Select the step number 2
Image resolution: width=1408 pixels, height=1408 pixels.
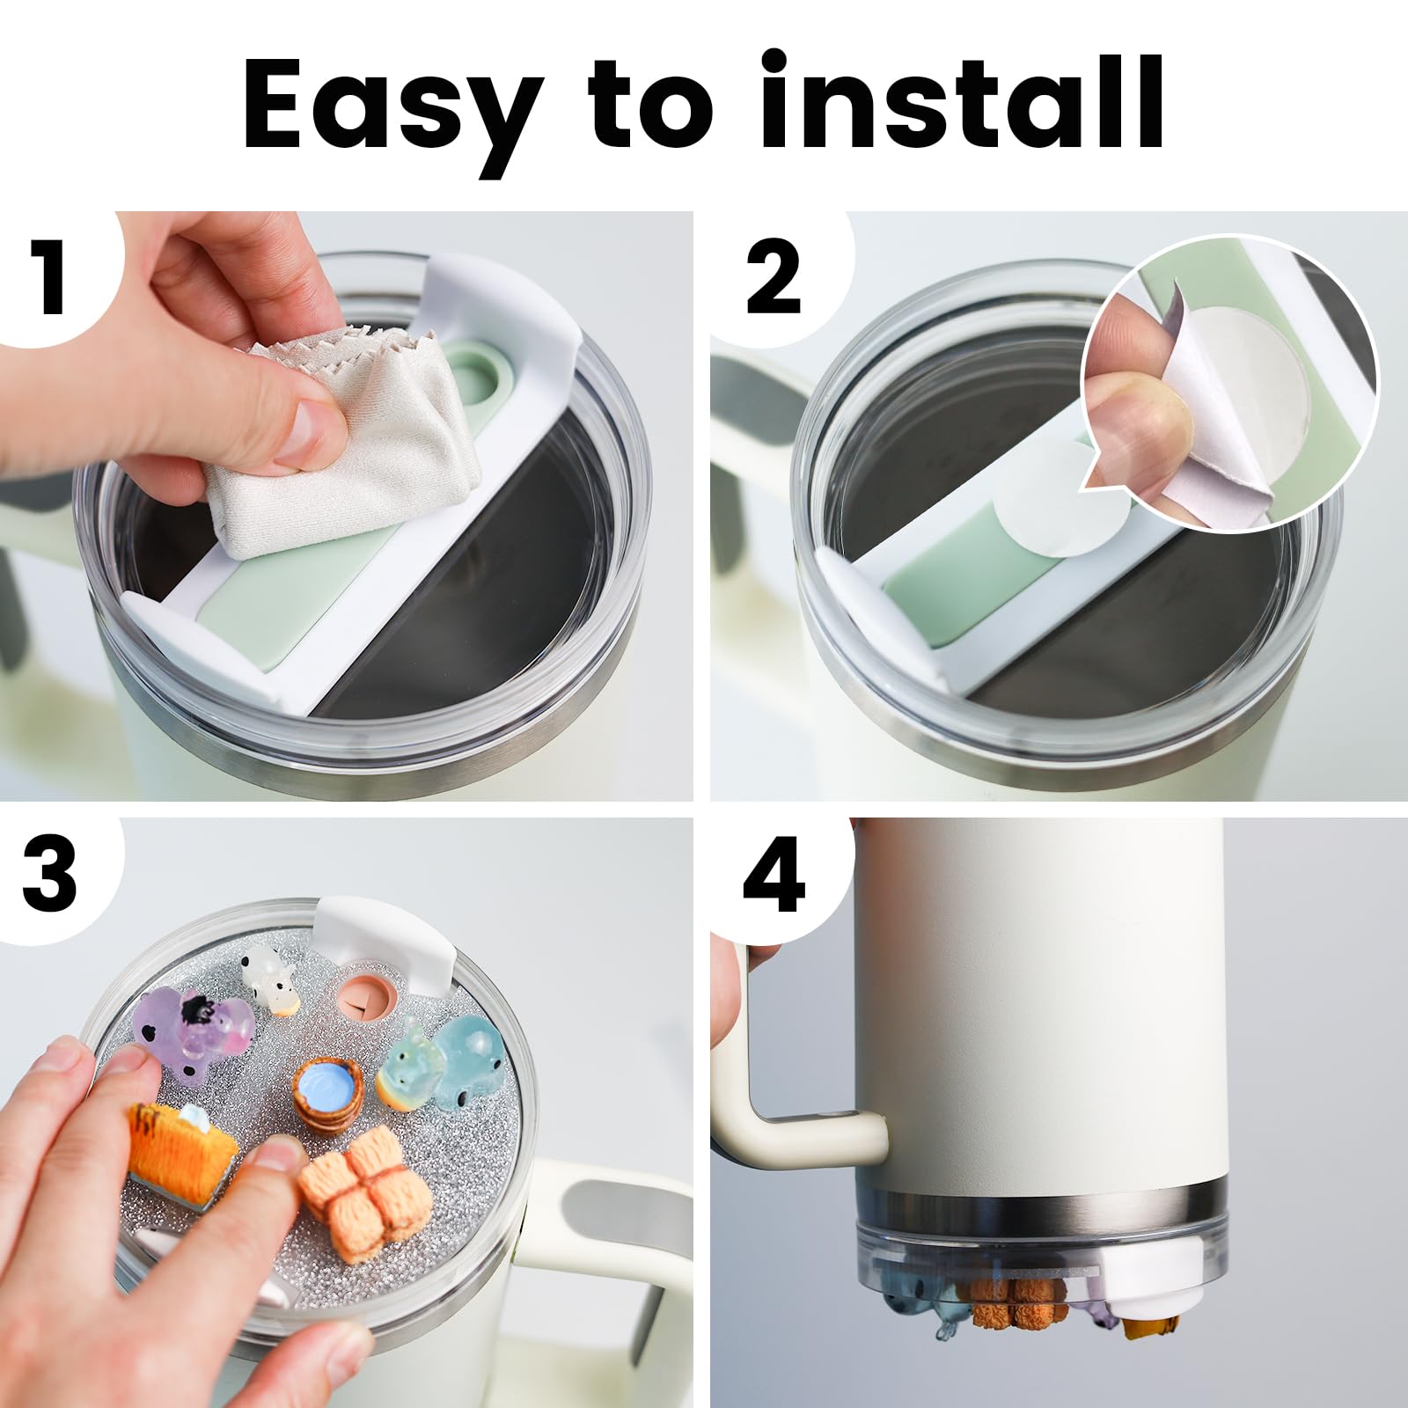click(774, 276)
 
